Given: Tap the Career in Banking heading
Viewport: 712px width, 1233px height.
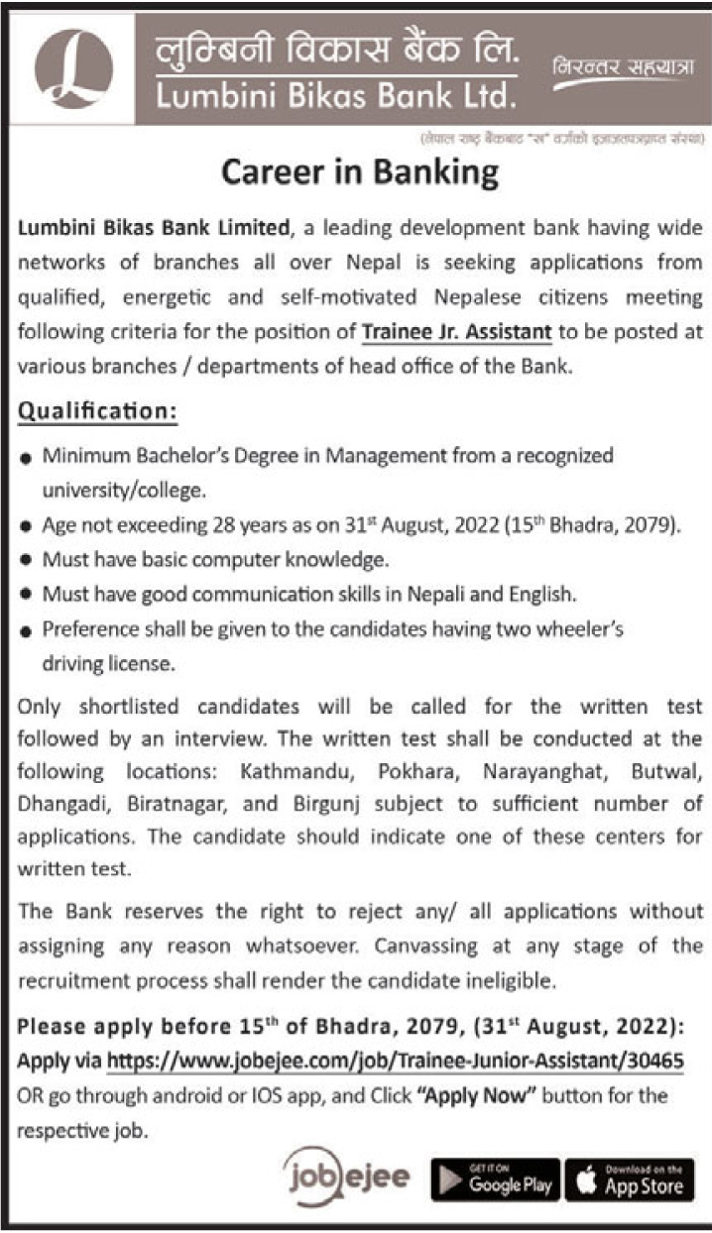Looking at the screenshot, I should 359,171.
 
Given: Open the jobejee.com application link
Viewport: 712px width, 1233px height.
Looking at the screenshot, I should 395,1061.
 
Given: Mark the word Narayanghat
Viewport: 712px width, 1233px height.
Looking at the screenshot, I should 540,769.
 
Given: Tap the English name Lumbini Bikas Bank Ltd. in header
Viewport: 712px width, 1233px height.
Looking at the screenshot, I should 335,96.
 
